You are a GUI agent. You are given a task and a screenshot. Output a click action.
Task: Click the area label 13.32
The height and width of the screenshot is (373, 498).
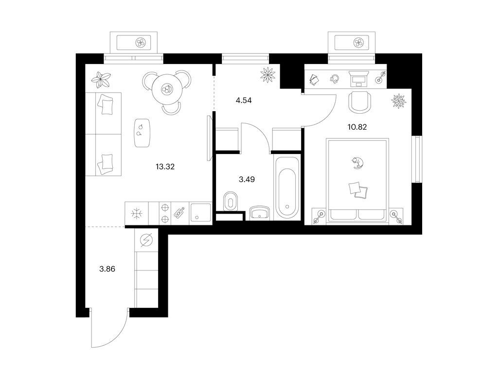[x=165, y=167]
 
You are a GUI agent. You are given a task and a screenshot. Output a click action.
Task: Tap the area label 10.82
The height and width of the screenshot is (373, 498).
[x=357, y=127]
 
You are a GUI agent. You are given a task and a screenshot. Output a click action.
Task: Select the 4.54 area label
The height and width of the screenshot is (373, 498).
[x=244, y=101]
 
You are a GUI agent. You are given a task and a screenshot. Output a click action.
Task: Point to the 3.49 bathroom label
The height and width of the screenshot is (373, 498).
[x=247, y=180]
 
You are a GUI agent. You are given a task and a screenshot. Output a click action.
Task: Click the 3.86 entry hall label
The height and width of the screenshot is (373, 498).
[x=107, y=269]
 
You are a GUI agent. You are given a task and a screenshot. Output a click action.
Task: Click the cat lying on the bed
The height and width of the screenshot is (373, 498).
[x=357, y=163]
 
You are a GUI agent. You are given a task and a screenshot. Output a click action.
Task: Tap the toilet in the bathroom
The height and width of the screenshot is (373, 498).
[x=230, y=202]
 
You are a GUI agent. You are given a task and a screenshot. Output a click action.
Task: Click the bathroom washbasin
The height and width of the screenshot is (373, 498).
[x=260, y=213]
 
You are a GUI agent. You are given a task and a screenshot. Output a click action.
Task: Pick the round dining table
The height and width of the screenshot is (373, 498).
[x=166, y=89]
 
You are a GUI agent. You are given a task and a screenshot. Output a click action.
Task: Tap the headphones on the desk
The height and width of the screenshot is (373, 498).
[x=335, y=79]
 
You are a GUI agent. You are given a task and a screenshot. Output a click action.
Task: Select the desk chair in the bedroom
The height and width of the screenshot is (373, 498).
[x=359, y=102]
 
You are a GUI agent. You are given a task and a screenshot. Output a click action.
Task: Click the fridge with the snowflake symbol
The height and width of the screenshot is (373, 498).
[x=137, y=214]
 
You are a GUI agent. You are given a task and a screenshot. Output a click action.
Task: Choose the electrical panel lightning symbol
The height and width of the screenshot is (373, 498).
[x=146, y=240]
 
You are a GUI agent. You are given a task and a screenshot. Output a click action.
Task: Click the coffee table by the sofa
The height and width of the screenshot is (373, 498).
[x=142, y=133]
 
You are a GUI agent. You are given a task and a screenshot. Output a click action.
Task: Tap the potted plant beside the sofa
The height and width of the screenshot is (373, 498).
[x=101, y=80]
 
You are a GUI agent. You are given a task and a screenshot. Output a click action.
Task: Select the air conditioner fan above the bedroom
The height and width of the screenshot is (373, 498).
[x=358, y=42]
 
